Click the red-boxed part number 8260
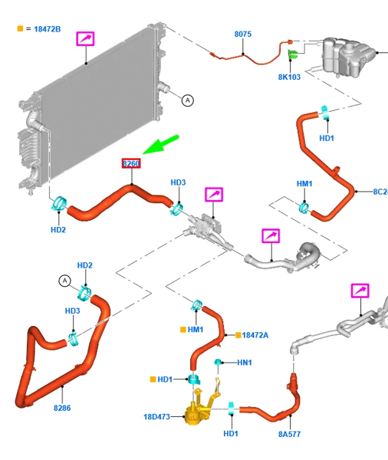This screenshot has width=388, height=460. pos(131,163)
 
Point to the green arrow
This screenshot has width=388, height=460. pos(160,144)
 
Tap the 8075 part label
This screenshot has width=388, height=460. pos(243,34)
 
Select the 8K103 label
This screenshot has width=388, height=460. pos(289,77)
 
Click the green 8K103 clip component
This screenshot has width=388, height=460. pos(292,54)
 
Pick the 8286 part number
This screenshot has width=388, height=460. pos(62,408)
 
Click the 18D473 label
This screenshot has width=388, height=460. pos(156,416)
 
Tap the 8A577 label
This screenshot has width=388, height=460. pos(289,434)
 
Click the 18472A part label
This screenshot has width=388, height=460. pos(255,335)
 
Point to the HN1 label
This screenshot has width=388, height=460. pos(244,363)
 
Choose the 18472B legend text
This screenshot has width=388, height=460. pos(48,29)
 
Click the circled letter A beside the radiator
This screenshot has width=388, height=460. pos(188,100)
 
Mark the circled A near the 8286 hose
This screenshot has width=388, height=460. pos(65,281)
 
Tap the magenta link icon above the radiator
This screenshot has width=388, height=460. pos(85,39)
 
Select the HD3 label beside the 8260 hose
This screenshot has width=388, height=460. pos(178,182)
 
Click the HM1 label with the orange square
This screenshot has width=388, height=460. pos(196,330)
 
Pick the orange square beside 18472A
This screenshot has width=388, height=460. pos(238,335)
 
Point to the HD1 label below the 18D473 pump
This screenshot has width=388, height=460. pos(231,434)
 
